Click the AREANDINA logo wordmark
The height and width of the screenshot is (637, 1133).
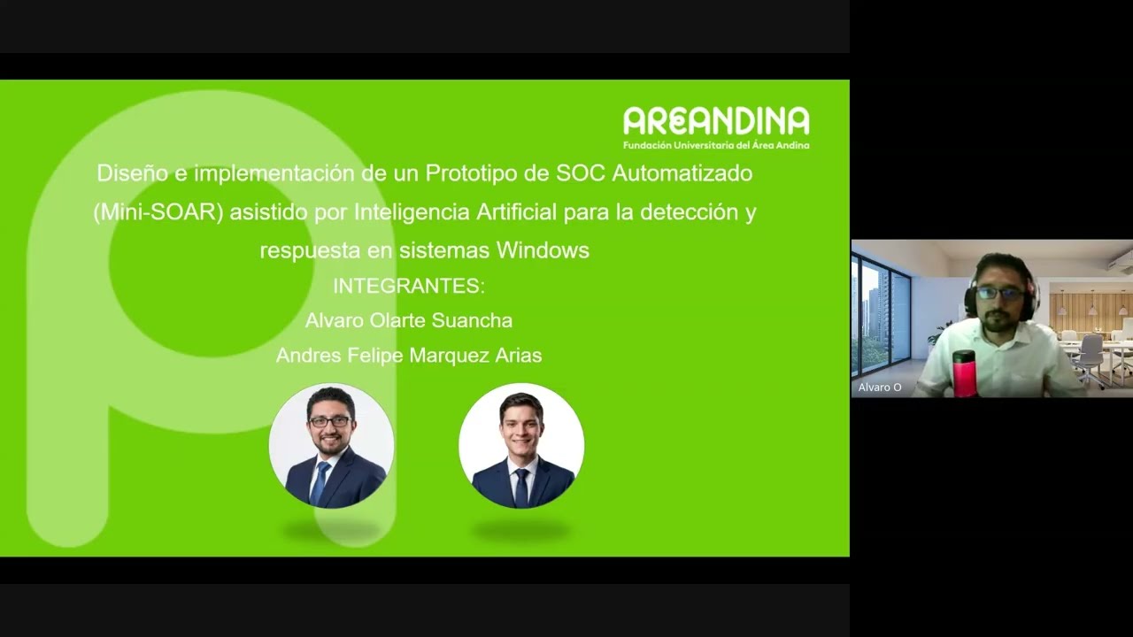point(715,121)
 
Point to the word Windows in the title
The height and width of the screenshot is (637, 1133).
point(543,250)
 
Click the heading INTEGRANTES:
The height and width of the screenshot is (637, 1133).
point(409,286)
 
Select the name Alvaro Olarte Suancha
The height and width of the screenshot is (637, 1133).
point(409,320)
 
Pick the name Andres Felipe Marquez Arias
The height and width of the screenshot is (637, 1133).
point(409,356)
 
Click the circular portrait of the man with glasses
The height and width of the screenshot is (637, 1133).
point(332,445)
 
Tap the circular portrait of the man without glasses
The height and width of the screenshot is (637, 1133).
point(521,445)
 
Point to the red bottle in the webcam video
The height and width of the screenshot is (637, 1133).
point(964,372)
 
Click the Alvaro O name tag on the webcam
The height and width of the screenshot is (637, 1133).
point(880,388)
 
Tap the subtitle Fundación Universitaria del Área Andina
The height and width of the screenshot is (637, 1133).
point(715,145)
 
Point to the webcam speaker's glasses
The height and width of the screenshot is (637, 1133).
point(1000,293)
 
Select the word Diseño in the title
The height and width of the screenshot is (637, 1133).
point(132,173)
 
